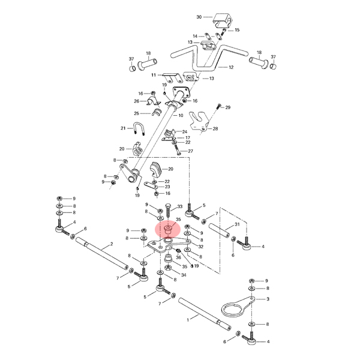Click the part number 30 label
pyautogui.click(x=199, y=17)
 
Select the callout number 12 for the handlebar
pyautogui.click(x=231, y=67)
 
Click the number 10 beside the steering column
pyautogui.click(x=181, y=115)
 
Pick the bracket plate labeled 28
pyautogui.click(x=200, y=121)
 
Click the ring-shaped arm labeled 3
pyautogui.click(x=238, y=307)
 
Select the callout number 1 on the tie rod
pyautogui.click(x=188, y=320)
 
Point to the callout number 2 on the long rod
pyautogui.click(x=112, y=244)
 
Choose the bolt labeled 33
pyautogui.click(x=168, y=211)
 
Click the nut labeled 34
pyautogui.click(x=168, y=268)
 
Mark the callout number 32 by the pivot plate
pyautogui.click(x=201, y=247)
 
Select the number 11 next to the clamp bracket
pyautogui.click(x=154, y=75)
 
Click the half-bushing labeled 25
pyautogui.click(x=157, y=112)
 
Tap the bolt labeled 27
pyautogui.click(x=177, y=149)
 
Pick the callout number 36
pyautogui.click(x=178, y=257)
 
